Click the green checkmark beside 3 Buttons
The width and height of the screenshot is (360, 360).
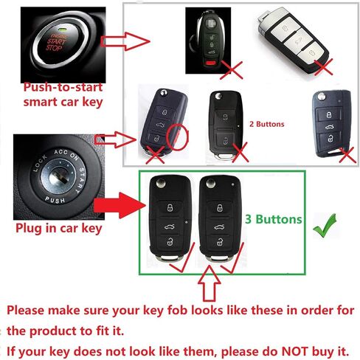click(x=324, y=226)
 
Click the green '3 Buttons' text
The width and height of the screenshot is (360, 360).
click(x=274, y=219)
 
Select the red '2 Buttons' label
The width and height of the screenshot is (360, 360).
click(x=267, y=124)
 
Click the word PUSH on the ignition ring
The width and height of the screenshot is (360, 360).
click(x=55, y=200)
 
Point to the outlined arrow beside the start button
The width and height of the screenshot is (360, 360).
click(x=125, y=41)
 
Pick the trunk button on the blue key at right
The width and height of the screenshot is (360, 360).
click(x=329, y=127)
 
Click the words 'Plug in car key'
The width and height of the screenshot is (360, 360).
click(x=58, y=228)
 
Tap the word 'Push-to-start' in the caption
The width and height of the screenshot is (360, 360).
click(x=63, y=87)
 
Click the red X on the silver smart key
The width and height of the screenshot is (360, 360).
click(x=324, y=67)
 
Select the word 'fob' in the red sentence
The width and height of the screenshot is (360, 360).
click(x=177, y=311)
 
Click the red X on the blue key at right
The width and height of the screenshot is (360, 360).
click(x=347, y=155)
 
